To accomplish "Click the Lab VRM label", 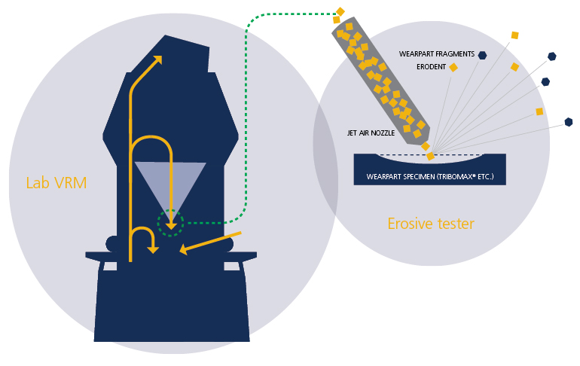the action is (56, 183).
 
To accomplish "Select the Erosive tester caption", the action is (431, 224).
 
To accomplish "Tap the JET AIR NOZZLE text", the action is (371, 133).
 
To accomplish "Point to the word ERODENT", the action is (432, 67).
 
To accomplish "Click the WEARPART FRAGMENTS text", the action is (436, 54).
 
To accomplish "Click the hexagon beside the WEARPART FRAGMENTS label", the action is (482, 55).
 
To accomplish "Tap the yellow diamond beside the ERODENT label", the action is (453, 67).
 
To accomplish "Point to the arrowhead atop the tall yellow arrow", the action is (158, 59).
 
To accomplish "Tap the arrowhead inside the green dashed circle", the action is (171, 225).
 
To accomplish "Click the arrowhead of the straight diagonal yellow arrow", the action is (184, 249).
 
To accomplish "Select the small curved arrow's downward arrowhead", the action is (153, 249).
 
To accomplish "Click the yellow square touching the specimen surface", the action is (430, 156).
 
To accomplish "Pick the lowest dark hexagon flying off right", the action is (569, 122).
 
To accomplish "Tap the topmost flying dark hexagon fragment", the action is (552, 56).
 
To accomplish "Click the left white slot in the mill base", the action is (110, 266).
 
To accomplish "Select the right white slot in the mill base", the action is (232, 266).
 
